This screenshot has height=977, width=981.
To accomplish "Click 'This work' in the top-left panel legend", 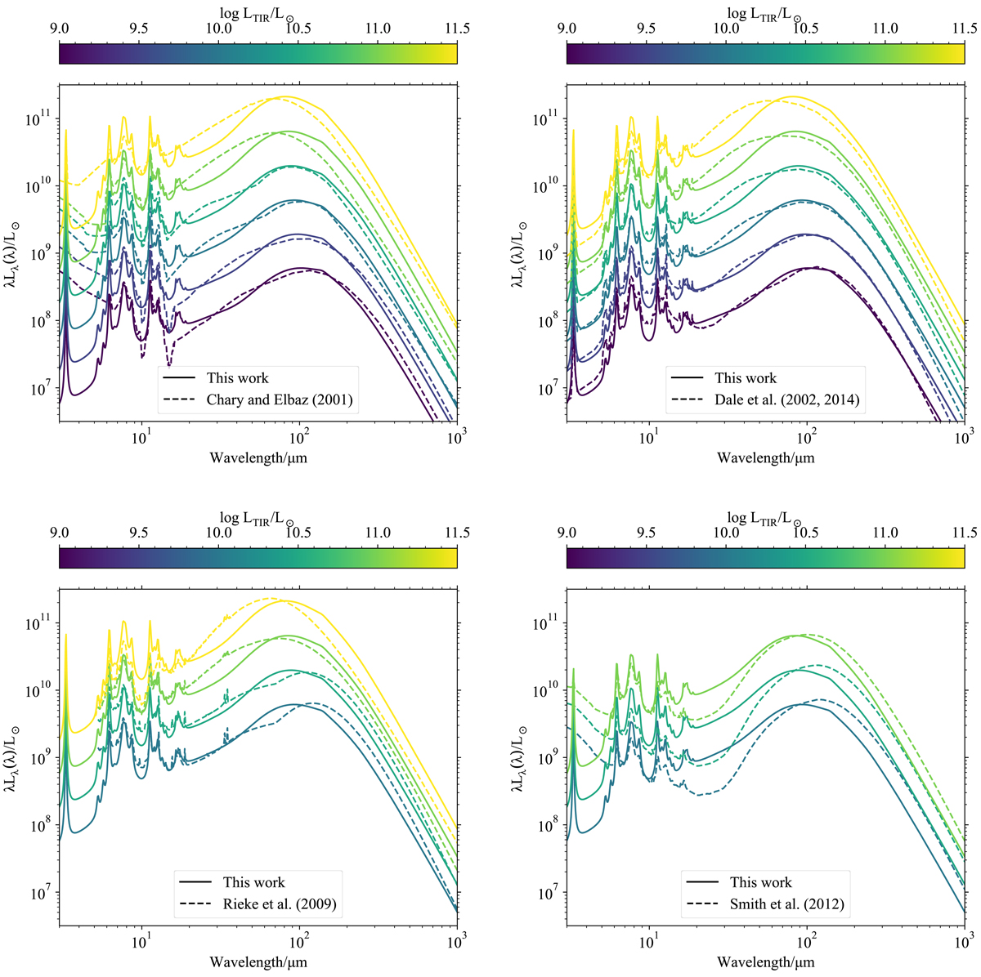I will click(237, 378).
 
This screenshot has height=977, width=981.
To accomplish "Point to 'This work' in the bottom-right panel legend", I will click(760, 882).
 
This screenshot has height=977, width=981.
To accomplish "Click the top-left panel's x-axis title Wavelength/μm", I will click(258, 457).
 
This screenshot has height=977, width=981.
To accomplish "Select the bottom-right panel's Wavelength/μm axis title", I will click(766, 962).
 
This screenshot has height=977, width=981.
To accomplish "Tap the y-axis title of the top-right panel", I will click(517, 252).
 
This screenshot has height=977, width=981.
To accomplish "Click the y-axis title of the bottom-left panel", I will click(10, 756).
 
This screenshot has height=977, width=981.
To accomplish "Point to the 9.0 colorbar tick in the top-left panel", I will click(59, 29).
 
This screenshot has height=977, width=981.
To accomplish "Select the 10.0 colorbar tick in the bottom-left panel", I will click(218, 533).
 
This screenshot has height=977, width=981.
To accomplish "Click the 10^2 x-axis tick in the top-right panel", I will click(807, 435).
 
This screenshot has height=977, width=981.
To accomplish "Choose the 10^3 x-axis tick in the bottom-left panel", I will click(456, 939).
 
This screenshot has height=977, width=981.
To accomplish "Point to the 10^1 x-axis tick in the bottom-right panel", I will click(649, 939).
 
